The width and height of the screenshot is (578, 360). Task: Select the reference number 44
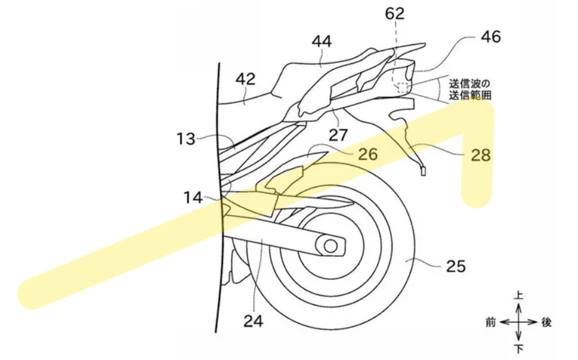tap(322, 42)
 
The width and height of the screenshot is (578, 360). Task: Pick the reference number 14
tap(194, 198)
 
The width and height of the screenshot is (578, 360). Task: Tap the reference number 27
tap(338, 134)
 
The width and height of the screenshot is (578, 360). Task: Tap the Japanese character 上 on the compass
tap(519, 297)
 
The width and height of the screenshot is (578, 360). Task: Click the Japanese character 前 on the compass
tap(490, 322)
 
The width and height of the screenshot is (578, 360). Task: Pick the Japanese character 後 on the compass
tap(547, 322)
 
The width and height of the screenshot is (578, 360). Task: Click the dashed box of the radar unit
tap(403, 88)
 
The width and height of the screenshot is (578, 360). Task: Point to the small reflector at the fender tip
tap(423, 172)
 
